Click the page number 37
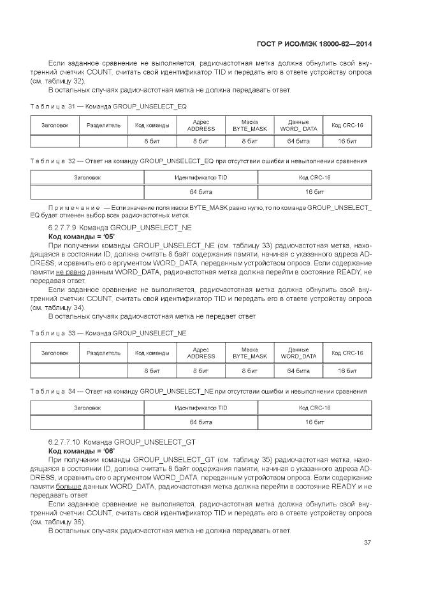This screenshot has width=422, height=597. [x=367, y=543]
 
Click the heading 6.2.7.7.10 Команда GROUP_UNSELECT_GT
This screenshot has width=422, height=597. [x=122, y=441]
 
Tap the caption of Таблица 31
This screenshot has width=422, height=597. [x=108, y=106]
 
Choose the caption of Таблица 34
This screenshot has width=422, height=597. [x=199, y=390]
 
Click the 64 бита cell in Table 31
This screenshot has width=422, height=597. [x=298, y=140]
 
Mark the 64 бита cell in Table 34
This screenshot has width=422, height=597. [x=201, y=422]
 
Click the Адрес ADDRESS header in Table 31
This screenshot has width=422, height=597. [x=201, y=125]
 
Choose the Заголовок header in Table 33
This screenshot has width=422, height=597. [x=55, y=353]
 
